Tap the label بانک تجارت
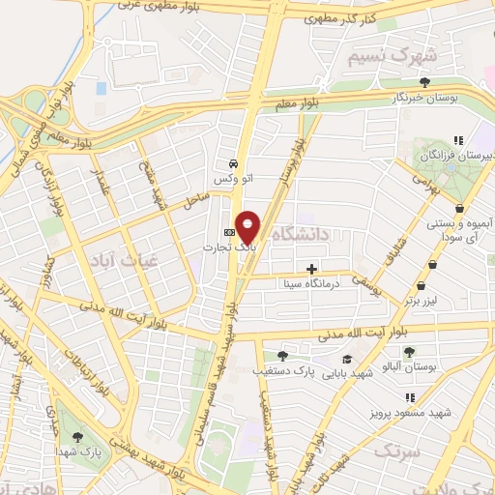coord(221,247)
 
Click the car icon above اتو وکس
coord(233,163)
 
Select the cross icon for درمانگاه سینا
coord(311,269)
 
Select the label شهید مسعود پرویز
coord(411,413)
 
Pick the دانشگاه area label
coord(302,233)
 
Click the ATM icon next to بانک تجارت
coord(229,232)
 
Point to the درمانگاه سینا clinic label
coord(306,284)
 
